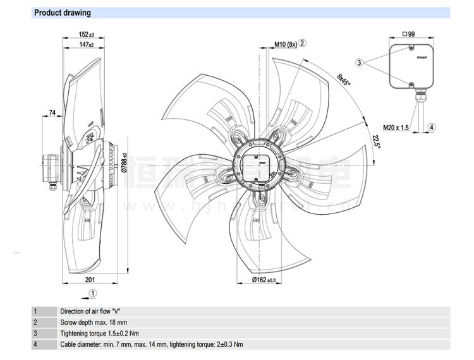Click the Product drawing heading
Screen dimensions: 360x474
click(x=62, y=13)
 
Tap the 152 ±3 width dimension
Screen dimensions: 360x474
click(x=87, y=34)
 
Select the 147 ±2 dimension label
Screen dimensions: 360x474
click(x=87, y=45)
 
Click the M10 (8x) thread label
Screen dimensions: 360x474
click(x=286, y=44)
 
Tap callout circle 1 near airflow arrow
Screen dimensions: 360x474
click(x=93, y=292)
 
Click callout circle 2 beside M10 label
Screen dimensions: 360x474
click(x=303, y=43)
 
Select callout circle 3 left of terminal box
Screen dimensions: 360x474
click(x=360, y=63)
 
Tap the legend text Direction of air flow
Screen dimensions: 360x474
click(x=90, y=311)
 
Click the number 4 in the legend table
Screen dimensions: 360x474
click(x=35, y=344)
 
